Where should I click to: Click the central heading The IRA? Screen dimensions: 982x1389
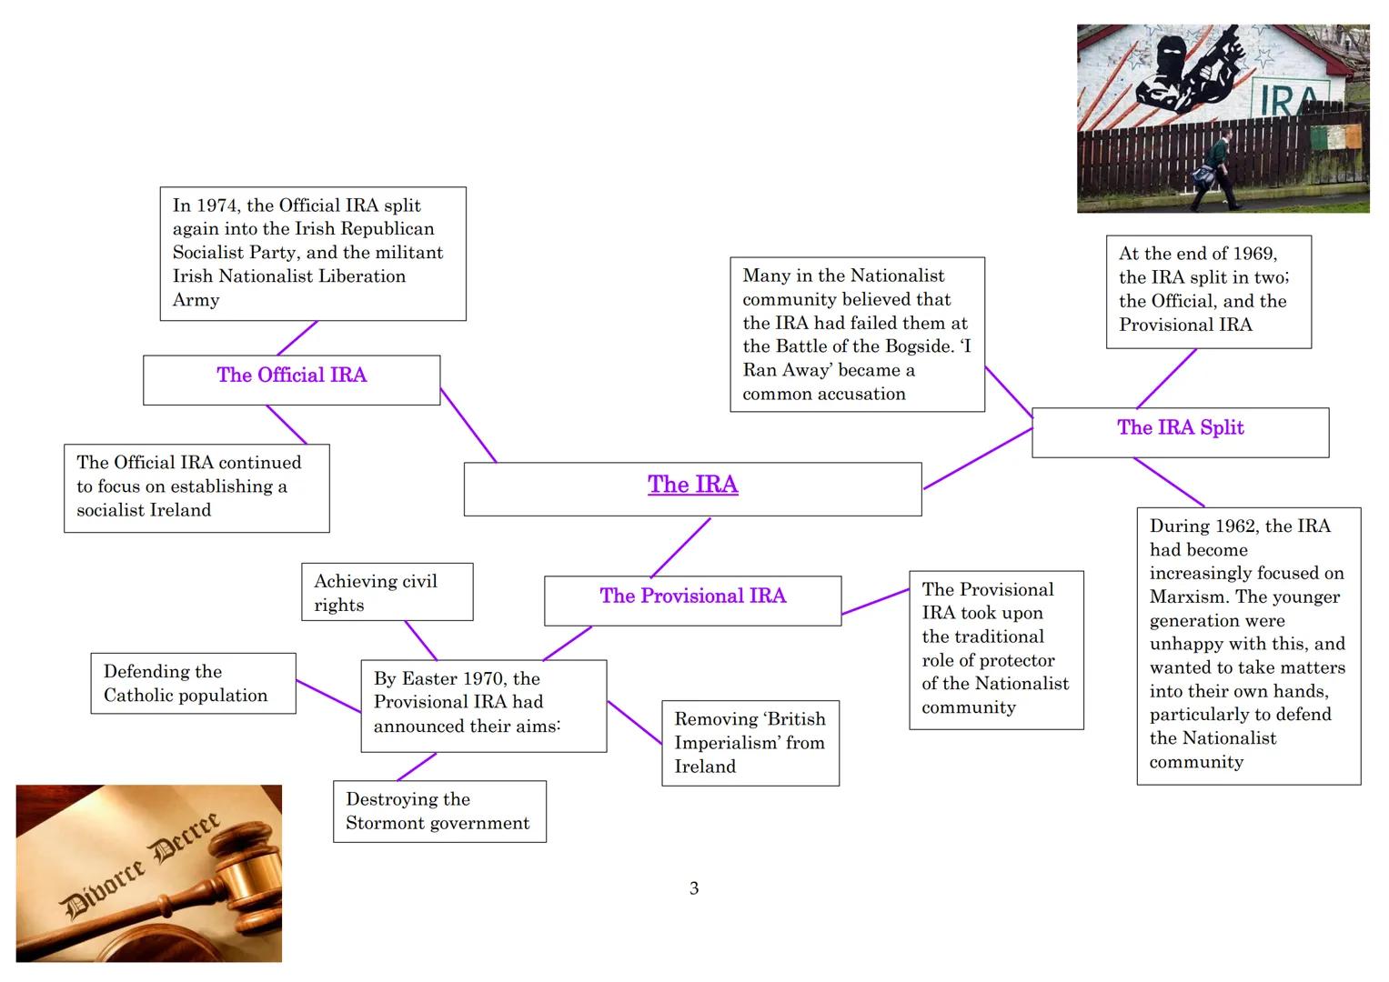tap(692, 485)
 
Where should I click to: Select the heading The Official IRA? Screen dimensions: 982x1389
tap(291, 376)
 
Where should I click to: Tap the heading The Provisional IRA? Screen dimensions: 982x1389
tap(692, 596)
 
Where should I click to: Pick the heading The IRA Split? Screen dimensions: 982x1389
tap(1180, 428)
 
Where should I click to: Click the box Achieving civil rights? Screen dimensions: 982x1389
tap(387, 593)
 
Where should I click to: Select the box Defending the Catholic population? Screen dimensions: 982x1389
tap(193, 684)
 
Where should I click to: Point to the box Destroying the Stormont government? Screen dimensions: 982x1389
tap(439, 811)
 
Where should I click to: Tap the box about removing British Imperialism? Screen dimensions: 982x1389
tap(750, 743)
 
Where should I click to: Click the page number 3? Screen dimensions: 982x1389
tap(694, 888)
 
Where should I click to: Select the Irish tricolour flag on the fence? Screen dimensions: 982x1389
tap(1335, 139)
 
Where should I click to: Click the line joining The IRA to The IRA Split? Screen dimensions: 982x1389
tap(978, 459)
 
